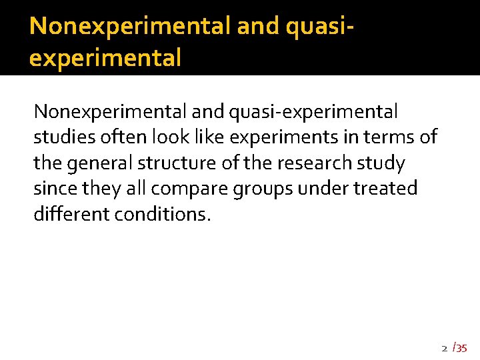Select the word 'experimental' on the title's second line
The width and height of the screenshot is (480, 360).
click(x=105, y=59)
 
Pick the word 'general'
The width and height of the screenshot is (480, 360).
click(x=100, y=163)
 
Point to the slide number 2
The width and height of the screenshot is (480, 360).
click(x=444, y=348)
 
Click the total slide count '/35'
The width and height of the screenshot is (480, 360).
click(x=460, y=347)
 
